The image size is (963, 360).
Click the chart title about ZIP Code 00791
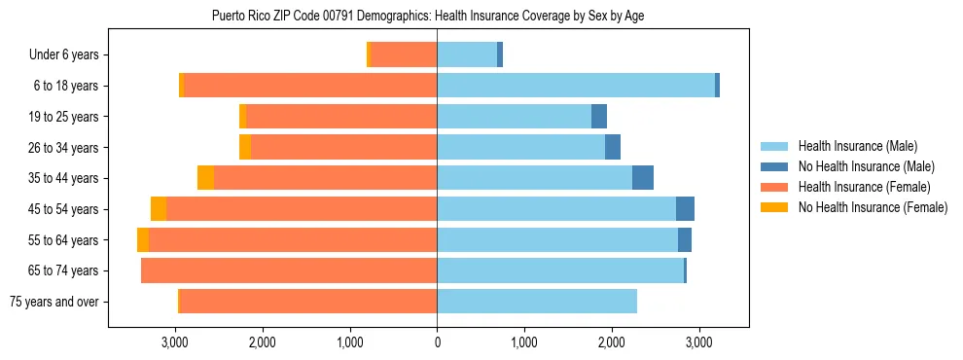[x=428, y=17]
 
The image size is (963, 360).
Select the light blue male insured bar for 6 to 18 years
[x=576, y=86]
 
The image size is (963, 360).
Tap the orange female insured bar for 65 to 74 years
[x=289, y=270]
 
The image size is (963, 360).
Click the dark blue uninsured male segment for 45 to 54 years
[x=685, y=209]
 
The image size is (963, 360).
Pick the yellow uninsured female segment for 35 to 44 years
[x=205, y=178]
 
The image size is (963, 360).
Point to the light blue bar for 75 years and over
[x=537, y=302]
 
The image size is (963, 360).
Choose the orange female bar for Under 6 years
[x=404, y=55]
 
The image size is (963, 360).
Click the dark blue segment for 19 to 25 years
[x=599, y=117]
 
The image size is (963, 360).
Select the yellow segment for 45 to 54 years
[x=159, y=209]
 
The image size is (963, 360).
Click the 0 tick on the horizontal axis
[x=437, y=342]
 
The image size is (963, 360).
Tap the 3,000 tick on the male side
[x=698, y=342]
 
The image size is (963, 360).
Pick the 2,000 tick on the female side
[x=262, y=342]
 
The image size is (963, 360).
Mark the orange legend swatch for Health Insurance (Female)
[x=774, y=187]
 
